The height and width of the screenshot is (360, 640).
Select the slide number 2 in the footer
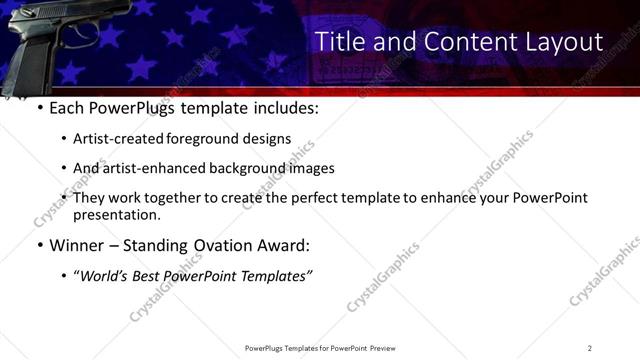click(590, 347)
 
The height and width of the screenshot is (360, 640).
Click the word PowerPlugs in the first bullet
click(139, 107)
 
